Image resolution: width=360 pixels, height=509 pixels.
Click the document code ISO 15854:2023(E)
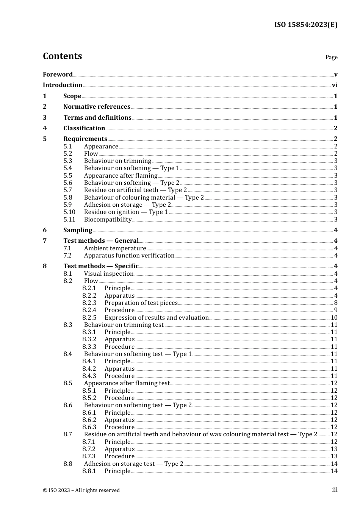(305, 25)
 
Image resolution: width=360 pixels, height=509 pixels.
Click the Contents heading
(63, 56)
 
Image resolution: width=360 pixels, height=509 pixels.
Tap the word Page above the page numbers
(331, 57)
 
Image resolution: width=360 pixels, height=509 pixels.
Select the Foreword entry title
(58, 74)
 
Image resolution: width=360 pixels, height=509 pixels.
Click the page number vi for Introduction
(335, 85)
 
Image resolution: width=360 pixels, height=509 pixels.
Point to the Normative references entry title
(97, 107)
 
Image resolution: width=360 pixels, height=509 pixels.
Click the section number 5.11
(69, 220)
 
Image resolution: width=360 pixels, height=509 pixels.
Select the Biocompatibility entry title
(108, 220)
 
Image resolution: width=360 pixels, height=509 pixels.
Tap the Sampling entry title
(78, 230)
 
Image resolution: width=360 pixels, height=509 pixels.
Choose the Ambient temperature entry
(115, 248)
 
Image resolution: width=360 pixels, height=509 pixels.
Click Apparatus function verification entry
(129, 256)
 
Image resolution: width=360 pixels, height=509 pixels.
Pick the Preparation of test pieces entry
(141, 303)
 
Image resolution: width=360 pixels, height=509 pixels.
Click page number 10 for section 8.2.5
(334, 318)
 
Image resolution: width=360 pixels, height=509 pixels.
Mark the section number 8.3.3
(89, 347)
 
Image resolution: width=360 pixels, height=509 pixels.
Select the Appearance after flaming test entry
(127, 383)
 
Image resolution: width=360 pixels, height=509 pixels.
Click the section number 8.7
(68, 434)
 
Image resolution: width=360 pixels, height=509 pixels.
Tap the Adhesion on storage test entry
(133, 464)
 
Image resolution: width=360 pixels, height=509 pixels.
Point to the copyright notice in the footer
(81, 490)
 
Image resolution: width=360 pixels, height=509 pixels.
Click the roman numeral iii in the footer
(335, 490)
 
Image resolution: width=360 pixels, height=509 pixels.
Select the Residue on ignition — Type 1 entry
(126, 212)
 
